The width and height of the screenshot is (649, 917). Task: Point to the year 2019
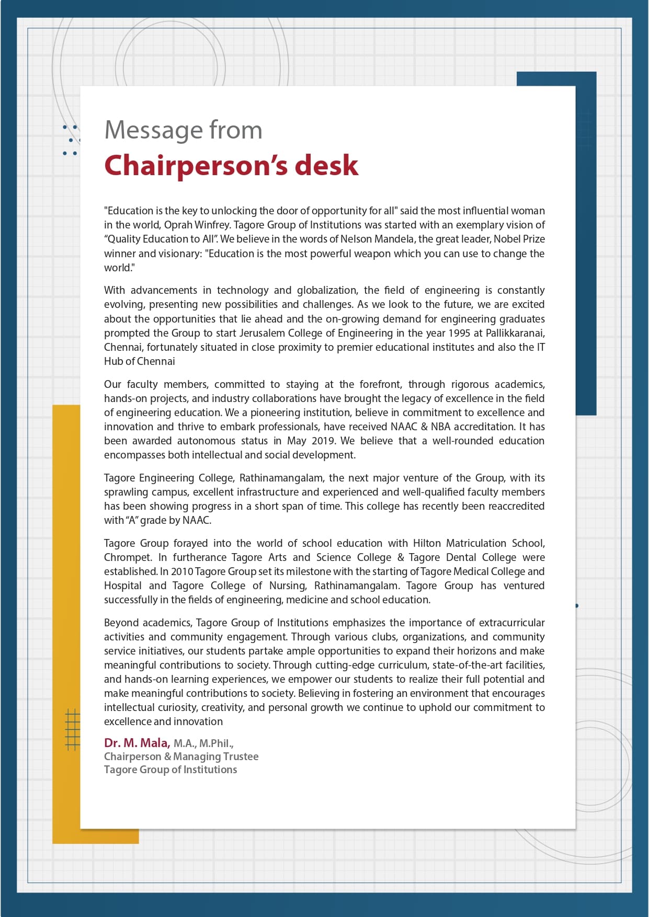pyautogui.click(x=323, y=441)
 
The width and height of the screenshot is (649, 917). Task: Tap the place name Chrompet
pyautogui.click(x=127, y=558)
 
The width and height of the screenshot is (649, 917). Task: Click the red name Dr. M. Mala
pyautogui.click(x=136, y=743)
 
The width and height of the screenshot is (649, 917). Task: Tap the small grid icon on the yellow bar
pyautogui.click(x=73, y=729)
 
